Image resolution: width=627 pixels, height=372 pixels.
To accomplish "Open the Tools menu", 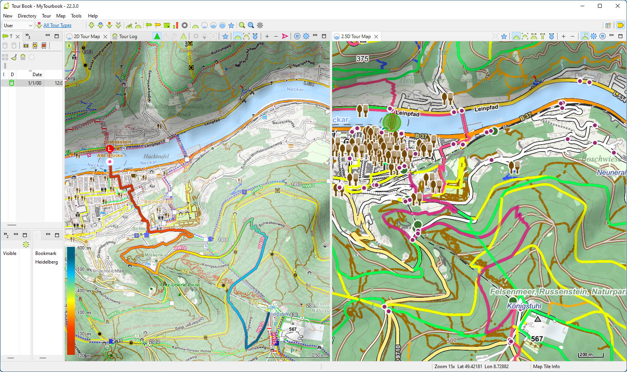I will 76,16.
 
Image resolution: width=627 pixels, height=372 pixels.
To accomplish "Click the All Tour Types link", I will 57,25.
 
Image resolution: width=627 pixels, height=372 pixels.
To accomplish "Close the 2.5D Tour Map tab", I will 376,37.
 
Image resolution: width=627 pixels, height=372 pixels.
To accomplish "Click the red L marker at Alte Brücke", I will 110,148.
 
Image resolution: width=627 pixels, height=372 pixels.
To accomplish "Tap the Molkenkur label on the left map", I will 156,255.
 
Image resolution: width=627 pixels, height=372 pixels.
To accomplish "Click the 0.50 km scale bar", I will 319,355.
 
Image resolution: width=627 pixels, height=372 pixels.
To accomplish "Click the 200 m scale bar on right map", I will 591,355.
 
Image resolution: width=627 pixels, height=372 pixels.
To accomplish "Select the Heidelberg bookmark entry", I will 47,262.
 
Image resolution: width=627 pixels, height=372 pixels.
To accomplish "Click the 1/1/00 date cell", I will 34,83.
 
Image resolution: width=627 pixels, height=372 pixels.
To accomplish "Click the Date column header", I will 37,75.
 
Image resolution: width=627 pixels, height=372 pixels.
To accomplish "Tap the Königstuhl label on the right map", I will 524,306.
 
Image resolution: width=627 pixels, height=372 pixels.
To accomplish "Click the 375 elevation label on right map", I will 362,59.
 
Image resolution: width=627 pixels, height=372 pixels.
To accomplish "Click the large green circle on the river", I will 391,122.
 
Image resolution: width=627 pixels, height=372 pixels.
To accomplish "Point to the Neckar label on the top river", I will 295,89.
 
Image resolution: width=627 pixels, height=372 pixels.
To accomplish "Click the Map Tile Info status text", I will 546,367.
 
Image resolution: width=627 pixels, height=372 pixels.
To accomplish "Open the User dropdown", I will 18,26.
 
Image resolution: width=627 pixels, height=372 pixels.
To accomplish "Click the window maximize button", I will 599,6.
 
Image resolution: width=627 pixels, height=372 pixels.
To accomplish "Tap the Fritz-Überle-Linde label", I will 180,285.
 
